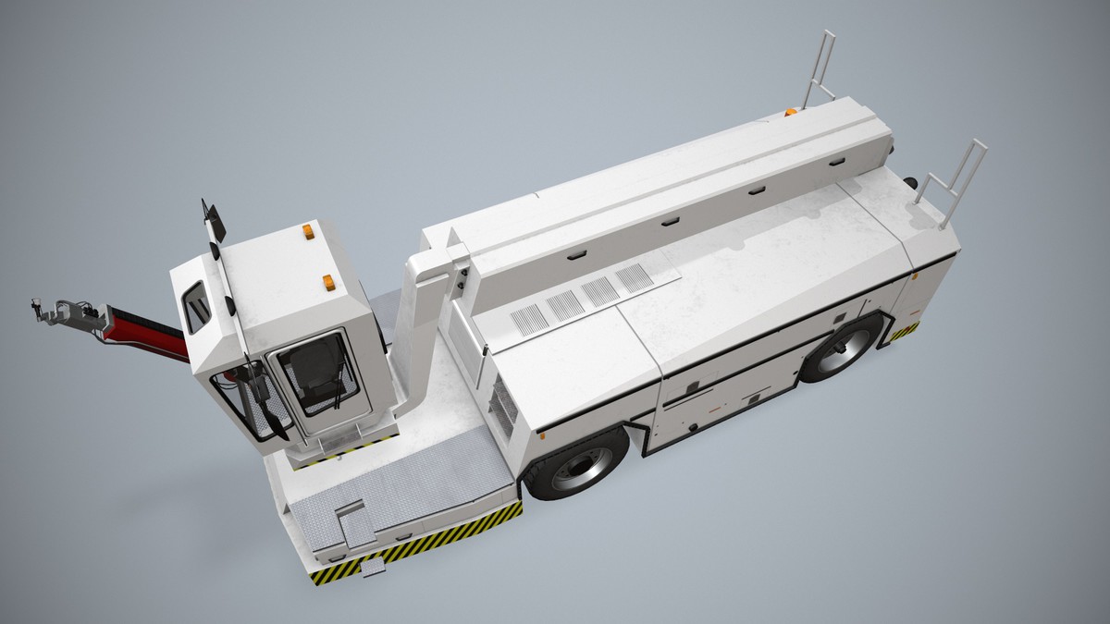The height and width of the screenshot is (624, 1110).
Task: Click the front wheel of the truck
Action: (577, 467)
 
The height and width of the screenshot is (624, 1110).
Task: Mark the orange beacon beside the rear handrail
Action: (791, 112)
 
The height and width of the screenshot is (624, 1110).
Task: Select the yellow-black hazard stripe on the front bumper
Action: (416, 545)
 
